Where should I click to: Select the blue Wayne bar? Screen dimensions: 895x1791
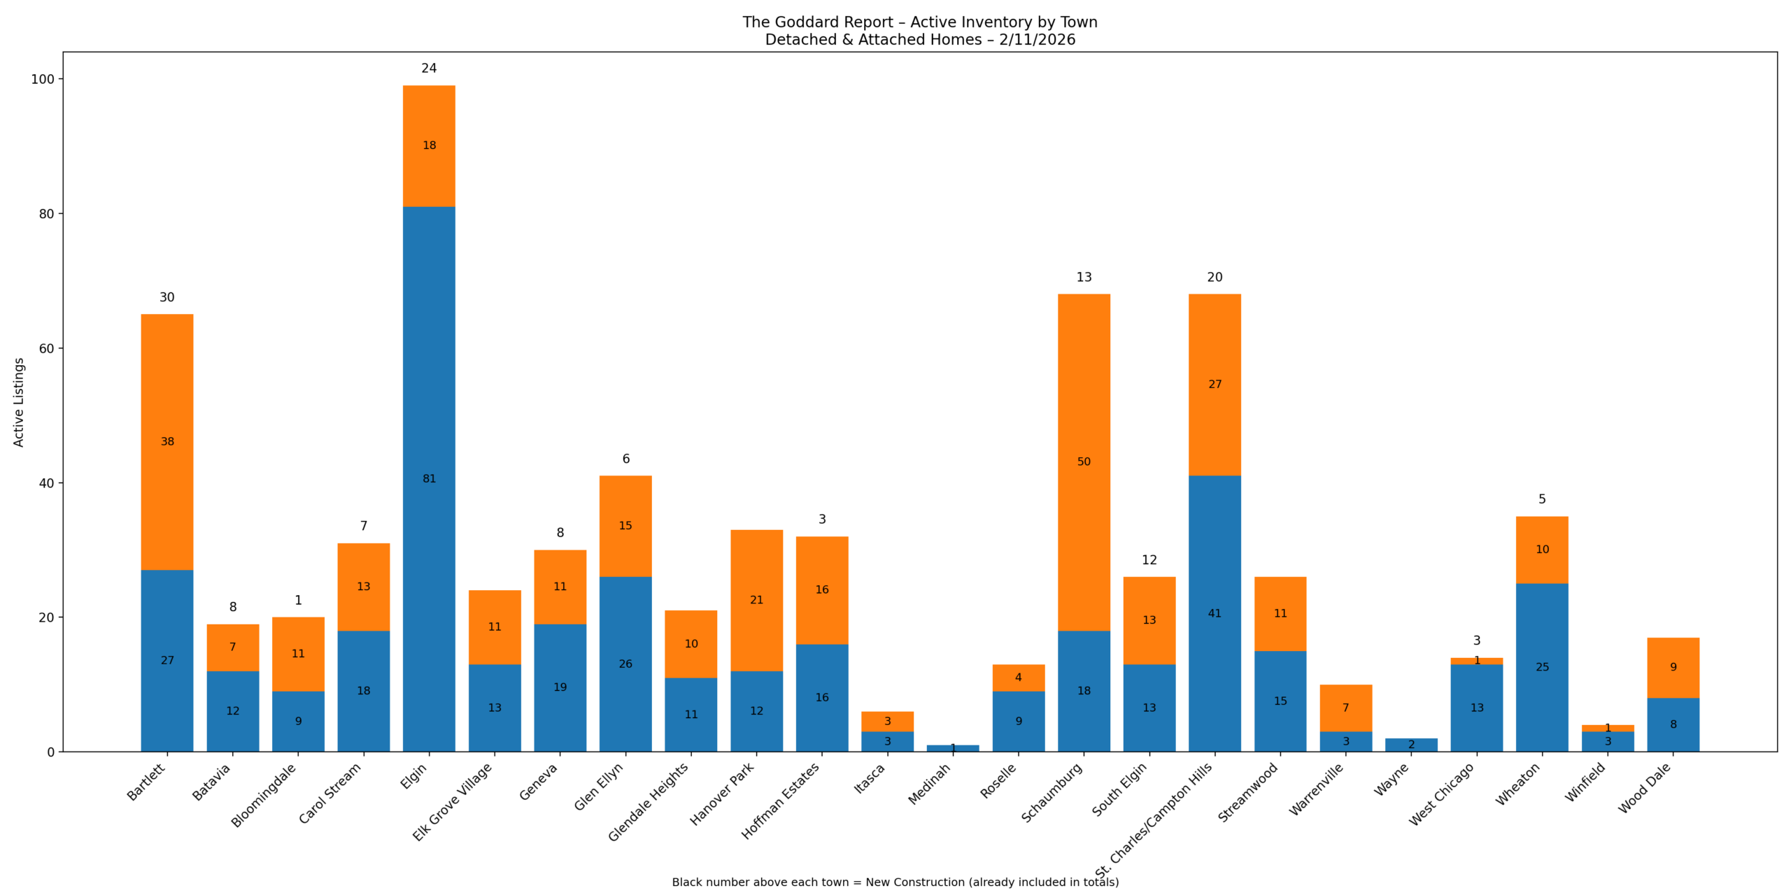click(x=1411, y=745)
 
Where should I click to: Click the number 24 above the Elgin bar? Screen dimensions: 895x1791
click(x=429, y=68)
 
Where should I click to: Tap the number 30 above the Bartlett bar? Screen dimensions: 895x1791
click(x=167, y=297)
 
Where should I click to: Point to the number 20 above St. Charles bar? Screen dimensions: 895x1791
click(x=1215, y=277)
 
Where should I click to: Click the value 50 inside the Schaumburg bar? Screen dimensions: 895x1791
click(x=1084, y=461)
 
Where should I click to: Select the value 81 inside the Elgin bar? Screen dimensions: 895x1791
click(x=429, y=478)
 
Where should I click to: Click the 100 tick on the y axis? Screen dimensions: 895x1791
click(x=43, y=79)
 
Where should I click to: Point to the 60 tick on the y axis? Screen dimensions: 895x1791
click(x=46, y=348)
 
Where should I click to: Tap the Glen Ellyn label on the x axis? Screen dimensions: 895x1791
click(x=599, y=786)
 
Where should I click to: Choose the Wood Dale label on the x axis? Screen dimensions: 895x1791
click(x=1644, y=787)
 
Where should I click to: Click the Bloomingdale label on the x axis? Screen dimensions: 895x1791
click(x=264, y=795)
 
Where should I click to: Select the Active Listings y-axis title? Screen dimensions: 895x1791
click(x=19, y=402)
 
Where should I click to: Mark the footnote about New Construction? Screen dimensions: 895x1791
click(x=895, y=882)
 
